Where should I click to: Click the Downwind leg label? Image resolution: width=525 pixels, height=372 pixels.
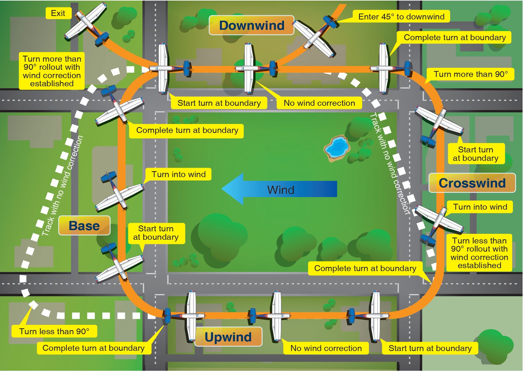[x=251, y=25]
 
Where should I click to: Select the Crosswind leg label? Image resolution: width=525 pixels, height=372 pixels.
[x=472, y=183]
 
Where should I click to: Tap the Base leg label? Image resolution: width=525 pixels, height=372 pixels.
[x=84, y=226]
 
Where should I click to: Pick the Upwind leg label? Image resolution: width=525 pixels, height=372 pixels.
[x=228, y=337]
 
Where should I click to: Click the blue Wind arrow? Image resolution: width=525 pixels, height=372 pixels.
[x=280, y=189]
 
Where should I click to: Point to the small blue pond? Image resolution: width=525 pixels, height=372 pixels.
[x=337, y=148]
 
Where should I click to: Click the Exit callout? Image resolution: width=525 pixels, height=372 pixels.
[x=58, y=13]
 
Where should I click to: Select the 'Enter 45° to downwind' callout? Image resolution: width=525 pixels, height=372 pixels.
[x=401, y=17]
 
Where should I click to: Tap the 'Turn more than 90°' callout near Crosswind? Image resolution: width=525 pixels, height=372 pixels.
[x=470, y=74]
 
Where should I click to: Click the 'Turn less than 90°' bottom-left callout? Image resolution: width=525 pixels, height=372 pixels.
[x=54, y=331]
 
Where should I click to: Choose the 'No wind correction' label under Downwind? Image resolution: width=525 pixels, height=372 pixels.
[x=319, y=103]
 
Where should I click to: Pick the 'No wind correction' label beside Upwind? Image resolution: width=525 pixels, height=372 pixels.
[x=326, y=348]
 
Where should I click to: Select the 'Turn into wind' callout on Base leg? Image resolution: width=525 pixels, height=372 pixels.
[x=178, y=175]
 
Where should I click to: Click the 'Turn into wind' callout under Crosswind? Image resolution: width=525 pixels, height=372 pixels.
[x=480, y=207]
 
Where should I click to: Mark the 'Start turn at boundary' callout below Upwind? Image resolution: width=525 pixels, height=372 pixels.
[x=430, y=348]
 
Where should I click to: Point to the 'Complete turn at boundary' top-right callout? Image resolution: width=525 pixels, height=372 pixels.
[x=455, y=38]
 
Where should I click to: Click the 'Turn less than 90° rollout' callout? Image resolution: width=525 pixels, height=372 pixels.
[x=479, y=253]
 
